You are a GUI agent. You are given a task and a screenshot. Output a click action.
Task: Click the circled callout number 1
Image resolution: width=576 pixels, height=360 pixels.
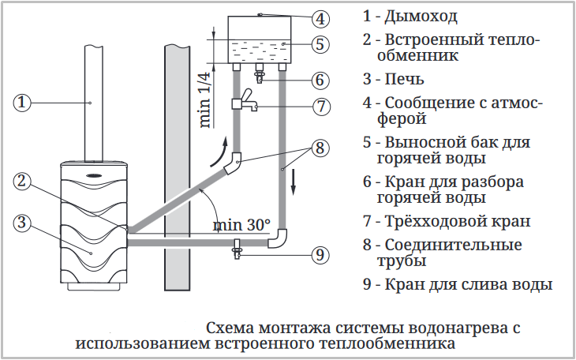21,102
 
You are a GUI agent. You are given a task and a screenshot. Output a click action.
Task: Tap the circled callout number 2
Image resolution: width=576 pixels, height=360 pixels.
21,182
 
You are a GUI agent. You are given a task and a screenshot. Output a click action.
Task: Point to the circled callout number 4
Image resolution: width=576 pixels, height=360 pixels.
320,19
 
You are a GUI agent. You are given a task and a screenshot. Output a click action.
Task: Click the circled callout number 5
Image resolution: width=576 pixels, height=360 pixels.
320,44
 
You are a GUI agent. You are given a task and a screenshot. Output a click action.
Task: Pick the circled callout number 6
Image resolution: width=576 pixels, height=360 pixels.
320,80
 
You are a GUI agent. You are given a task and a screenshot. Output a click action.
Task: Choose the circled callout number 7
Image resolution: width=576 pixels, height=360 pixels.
321,107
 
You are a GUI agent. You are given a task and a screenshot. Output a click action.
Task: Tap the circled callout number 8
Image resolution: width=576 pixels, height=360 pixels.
320,148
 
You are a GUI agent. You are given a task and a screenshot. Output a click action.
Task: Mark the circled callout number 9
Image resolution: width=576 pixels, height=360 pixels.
320,255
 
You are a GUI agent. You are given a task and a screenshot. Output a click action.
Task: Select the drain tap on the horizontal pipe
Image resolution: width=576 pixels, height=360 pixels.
237,249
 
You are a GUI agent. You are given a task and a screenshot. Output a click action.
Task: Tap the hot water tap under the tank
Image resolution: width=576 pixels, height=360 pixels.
260,73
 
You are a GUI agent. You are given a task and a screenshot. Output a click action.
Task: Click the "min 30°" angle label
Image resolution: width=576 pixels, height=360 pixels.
241,225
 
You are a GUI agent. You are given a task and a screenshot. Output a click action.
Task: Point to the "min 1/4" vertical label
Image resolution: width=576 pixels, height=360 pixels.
207,100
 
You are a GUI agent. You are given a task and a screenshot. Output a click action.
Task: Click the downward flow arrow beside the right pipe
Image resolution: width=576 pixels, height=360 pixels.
294,182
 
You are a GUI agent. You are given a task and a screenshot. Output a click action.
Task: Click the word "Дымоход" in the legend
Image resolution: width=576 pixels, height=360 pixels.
421,17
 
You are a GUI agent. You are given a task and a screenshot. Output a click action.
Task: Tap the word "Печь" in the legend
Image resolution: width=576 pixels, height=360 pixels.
405,79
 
